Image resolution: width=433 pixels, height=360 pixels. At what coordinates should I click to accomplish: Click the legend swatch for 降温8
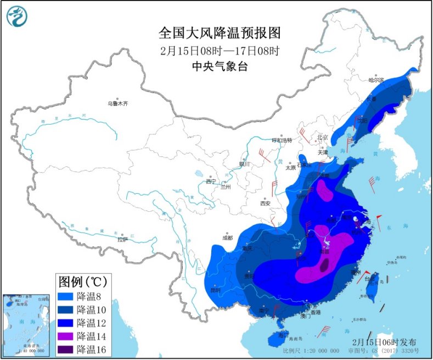coord(66,296)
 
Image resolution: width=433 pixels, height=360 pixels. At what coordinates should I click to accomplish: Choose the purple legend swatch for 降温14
coord(66,336)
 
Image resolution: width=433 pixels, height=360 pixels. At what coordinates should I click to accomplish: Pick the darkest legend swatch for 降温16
coord(66,349)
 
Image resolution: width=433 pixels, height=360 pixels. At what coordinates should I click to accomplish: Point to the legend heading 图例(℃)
coord(82,282)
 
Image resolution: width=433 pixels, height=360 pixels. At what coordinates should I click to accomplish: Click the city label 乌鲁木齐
coord(117,103)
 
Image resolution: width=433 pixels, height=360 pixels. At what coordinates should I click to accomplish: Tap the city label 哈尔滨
coord(376,80)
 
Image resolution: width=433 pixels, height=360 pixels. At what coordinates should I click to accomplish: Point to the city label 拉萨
coord(122,239)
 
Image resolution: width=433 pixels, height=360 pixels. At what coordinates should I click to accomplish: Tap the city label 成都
coord(227,238)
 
